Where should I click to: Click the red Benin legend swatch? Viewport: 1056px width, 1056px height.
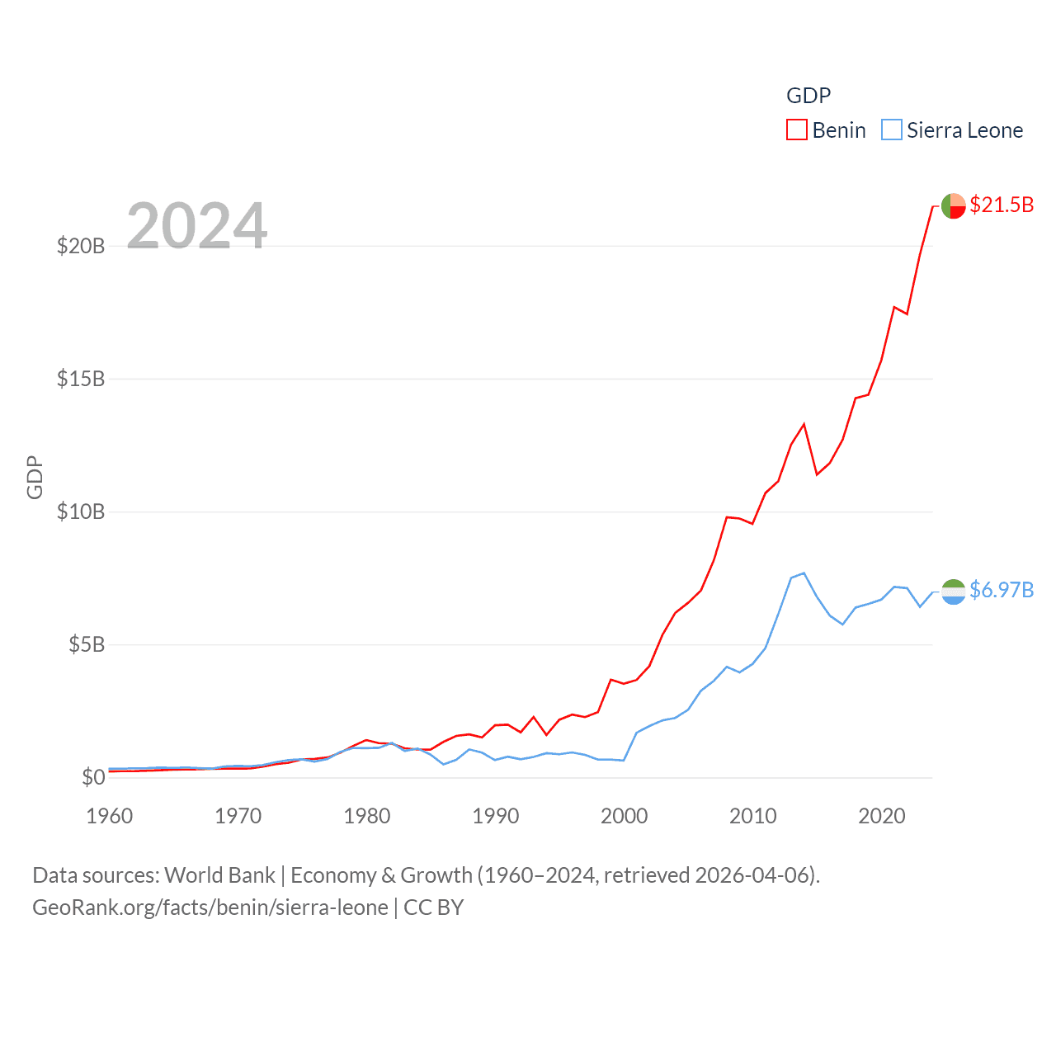point(796,130)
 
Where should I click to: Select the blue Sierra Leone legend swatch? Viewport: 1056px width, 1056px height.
point(891,130)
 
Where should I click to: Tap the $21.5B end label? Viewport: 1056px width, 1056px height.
point(1002,205)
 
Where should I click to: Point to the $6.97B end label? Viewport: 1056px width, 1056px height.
point(1002,590)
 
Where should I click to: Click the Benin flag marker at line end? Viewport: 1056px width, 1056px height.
point(953,205)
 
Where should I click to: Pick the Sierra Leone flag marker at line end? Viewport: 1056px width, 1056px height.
point(953,592)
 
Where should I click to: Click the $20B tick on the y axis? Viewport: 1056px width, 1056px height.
point(81,246)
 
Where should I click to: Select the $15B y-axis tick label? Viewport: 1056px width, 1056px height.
point(81,379)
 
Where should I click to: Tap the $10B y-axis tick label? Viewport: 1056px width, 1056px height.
point(81,511)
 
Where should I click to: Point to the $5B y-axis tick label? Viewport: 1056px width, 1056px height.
point(87,644)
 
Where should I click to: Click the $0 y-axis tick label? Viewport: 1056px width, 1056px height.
point(93,777)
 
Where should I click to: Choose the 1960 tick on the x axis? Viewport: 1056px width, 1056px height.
point(110,816)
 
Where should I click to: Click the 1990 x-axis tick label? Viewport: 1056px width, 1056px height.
point(496,816)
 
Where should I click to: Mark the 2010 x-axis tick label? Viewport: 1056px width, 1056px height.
point(753,816)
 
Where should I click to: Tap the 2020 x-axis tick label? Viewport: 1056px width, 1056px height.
point(882,816)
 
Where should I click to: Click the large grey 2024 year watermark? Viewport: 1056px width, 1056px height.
point(196,226)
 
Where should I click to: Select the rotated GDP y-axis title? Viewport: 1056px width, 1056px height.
point(35,477)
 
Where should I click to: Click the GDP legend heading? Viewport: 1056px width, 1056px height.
point(808,96)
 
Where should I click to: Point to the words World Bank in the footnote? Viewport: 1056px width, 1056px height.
point(219,874)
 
